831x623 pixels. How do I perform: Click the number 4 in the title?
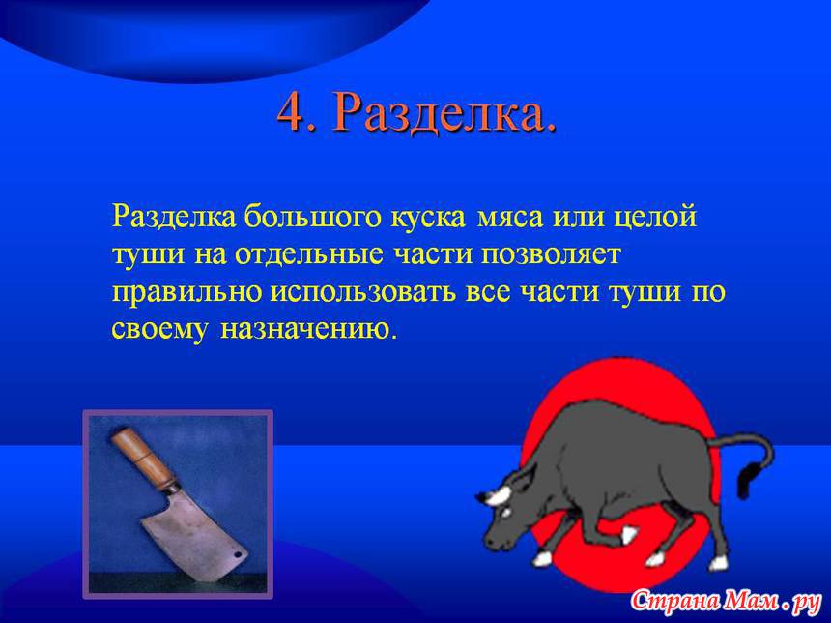[x=292, y=112]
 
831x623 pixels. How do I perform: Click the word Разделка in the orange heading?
[x=440, y=113]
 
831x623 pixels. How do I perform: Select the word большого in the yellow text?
[x=313, y=217]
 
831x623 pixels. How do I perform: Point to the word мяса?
[x=510, y=219]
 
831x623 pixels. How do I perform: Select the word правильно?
[x=187, y=293]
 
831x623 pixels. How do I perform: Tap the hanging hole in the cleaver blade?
[x=237, y=555]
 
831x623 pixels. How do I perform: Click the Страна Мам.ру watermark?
[x=726, y=602]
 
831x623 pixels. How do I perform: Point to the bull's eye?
[x=505, y=513]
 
